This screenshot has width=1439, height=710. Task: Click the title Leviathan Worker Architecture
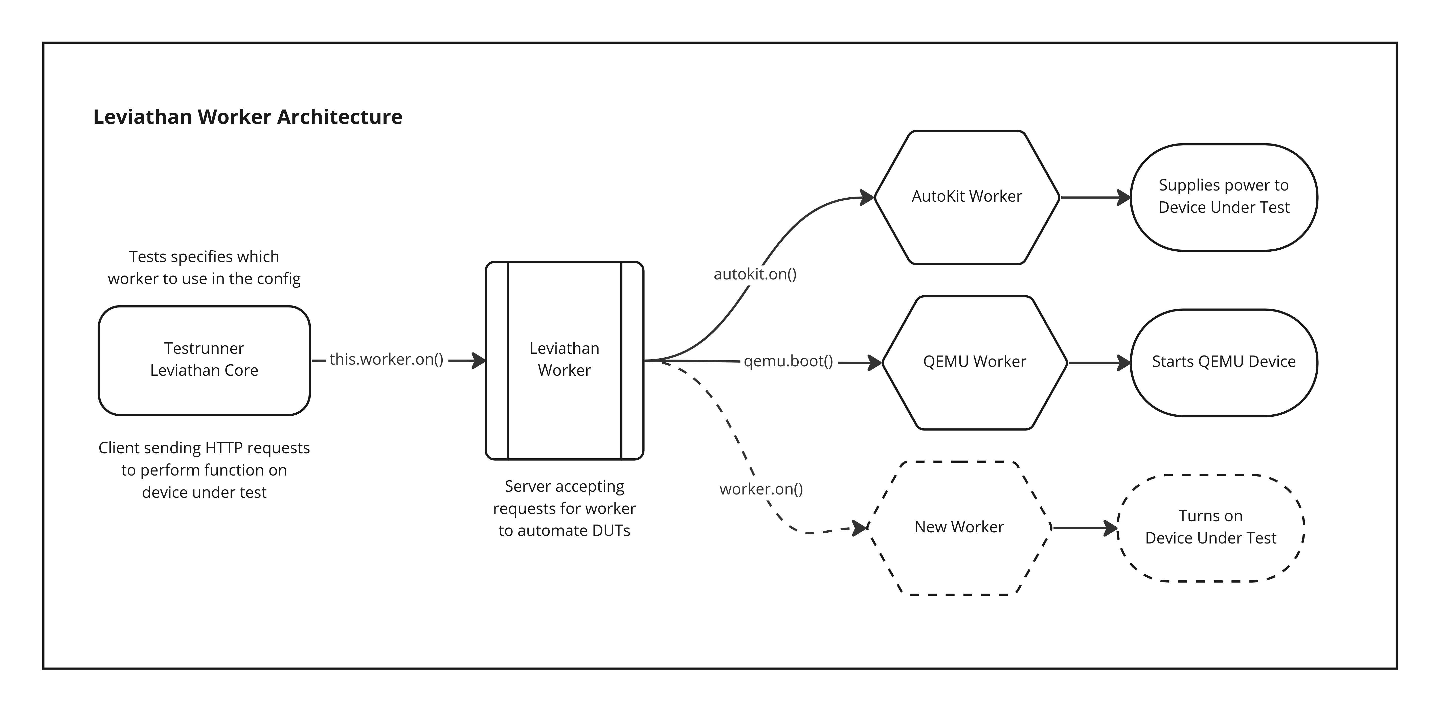(x=248, y=117)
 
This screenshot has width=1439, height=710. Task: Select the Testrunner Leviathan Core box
(x=204, y=360)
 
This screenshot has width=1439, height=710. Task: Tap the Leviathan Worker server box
(x=564, y=360)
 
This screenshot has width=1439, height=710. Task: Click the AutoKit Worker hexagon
(x=966, y=197)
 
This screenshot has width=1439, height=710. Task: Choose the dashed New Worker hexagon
(x=959, y=527)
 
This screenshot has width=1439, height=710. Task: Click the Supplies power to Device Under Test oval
(x=1223, y=197)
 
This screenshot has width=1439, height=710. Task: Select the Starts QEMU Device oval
(x=1223, y=362)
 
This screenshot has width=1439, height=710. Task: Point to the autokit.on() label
(x=755, y=274)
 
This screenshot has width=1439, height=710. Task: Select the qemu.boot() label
(x=788, y=361)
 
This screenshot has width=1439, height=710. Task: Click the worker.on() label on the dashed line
(x=761, y=489)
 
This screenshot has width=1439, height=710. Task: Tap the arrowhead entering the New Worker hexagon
(x=859, y=528)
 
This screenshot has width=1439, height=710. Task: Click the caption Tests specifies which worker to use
(x=204, y=267)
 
